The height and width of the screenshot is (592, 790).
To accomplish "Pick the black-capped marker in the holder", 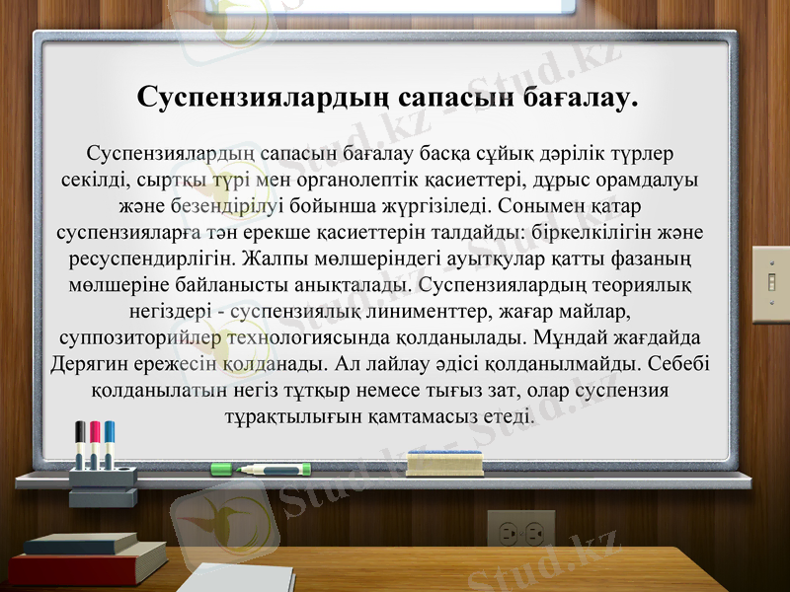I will pyautogui.click(x=80, y=443).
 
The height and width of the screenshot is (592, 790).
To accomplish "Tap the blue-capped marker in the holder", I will pyautogui.click(x=110, y=443).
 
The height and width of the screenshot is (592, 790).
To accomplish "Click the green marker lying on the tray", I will pyautogui.click(x=276, y=470).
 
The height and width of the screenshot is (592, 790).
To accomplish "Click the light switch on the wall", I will pyautogui.click(x=770, y=284).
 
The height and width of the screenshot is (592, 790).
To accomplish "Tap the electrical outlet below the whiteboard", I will pyautogui.click(x=520, y=533).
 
